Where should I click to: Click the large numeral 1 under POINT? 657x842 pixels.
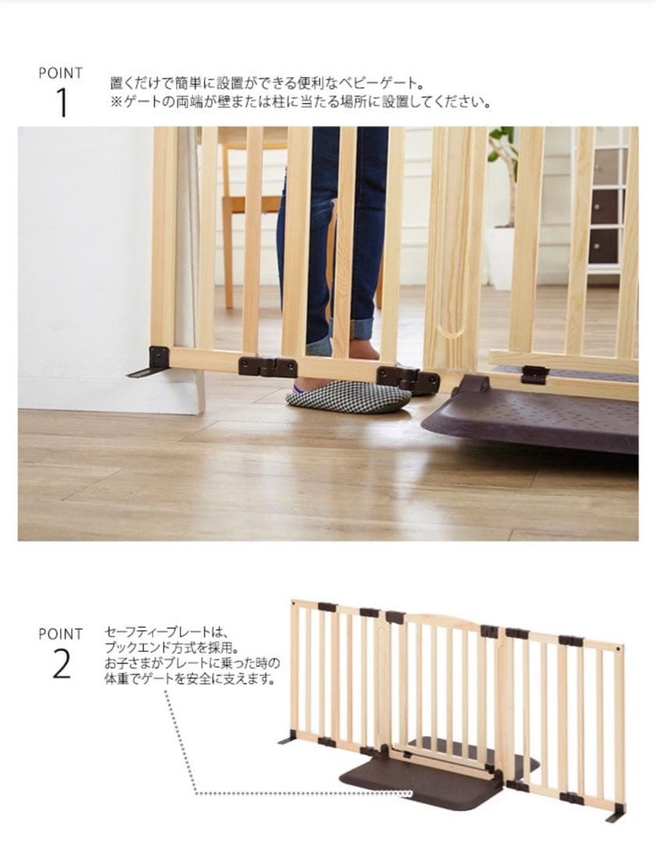point(62,103)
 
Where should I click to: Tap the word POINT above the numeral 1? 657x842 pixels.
point(61,73)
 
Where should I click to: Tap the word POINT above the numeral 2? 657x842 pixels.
point(61,634)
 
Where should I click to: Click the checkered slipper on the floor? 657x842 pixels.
point(348,396)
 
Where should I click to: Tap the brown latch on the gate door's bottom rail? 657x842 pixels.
point(534,373)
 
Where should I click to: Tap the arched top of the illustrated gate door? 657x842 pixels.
point(441,617)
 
